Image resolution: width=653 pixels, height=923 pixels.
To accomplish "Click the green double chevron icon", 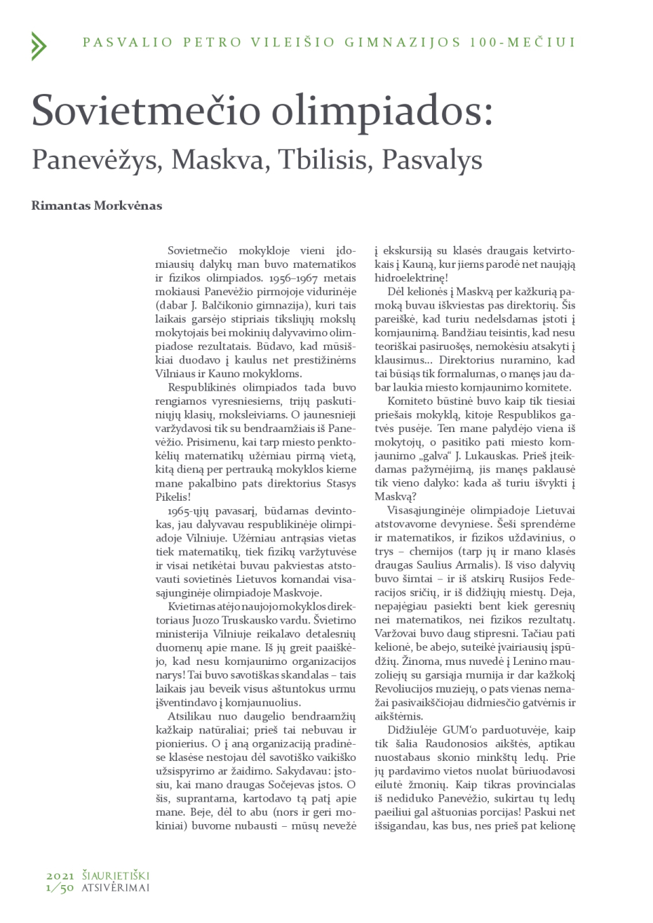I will [39, 46].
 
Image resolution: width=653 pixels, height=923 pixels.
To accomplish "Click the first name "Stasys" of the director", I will [339, 483].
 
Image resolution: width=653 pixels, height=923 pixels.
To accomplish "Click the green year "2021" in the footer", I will [61, 876].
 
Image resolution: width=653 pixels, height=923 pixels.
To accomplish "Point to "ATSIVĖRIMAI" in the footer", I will [116, 888].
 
